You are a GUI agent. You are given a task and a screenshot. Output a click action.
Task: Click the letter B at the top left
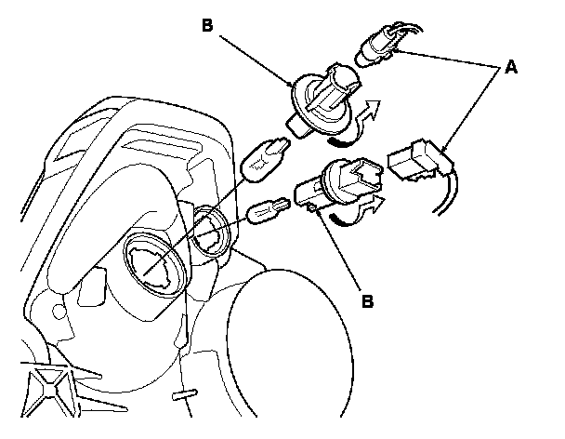207,25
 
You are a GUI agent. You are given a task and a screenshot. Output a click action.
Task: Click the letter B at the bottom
368,302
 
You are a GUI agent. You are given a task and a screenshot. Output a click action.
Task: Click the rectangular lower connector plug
414,160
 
